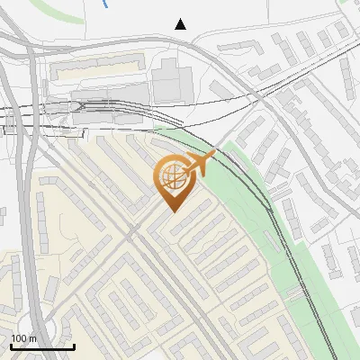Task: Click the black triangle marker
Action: point(181,24)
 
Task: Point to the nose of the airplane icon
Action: point(214,155)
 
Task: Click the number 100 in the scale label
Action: point(19,338)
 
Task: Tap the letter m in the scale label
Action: point(32,338)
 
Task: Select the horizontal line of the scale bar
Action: point(42,346)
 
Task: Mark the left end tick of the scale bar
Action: point(11,345)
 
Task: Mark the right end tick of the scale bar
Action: point(74,345)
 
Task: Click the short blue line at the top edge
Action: point(107,4)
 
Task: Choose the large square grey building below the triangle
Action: point(168,80)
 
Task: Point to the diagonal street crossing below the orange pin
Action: point(135,232)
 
